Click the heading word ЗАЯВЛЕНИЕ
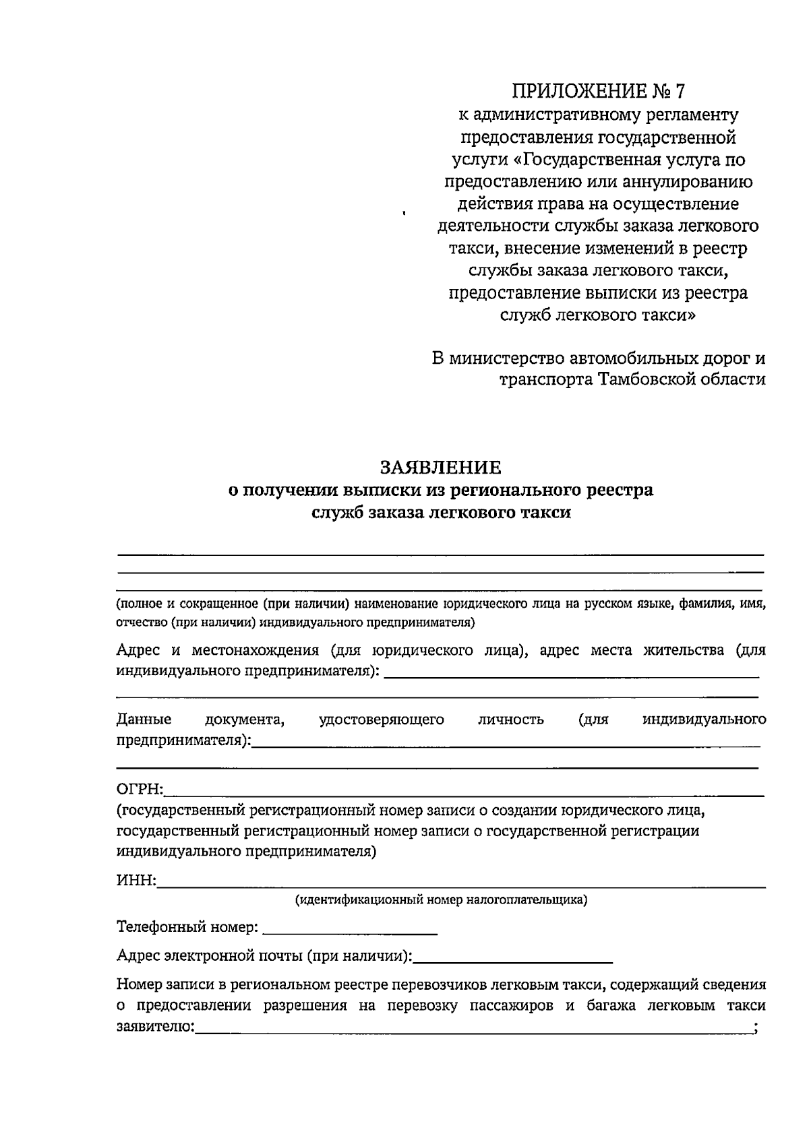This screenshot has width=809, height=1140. point(440,467)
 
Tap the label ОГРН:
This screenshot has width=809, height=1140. point(140,790)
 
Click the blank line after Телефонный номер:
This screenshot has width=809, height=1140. point(349,932)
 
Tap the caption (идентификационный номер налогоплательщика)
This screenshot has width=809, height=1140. point(441,899)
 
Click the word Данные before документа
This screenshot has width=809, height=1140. point(144,720)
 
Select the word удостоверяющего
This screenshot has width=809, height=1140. point(381,720)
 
